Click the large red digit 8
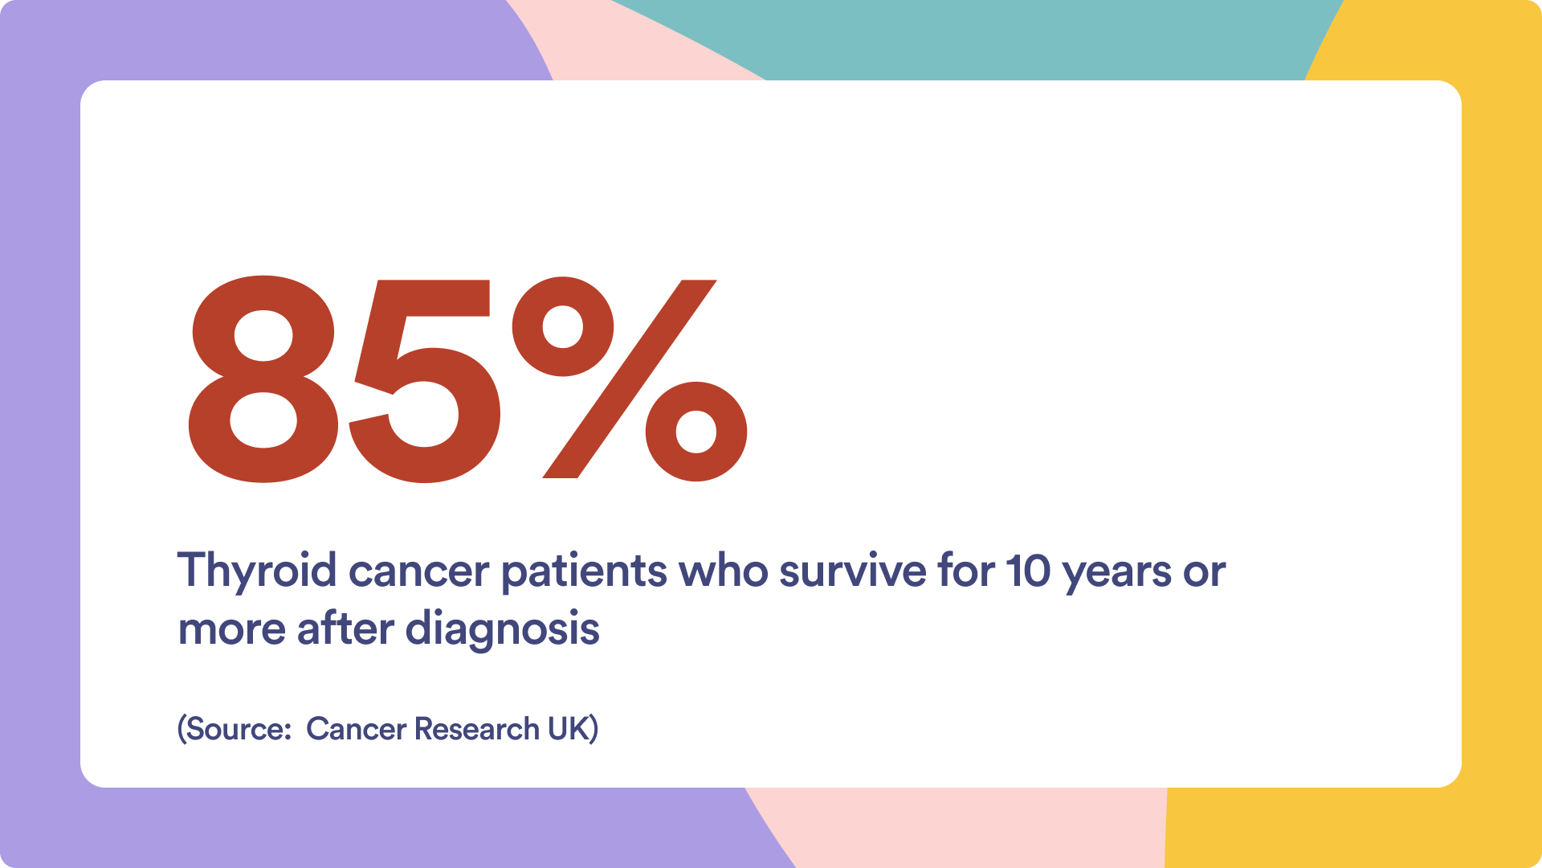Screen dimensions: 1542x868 click(263, 379)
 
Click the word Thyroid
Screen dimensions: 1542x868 click(257, 571)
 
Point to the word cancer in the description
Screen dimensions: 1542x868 click(418, 571)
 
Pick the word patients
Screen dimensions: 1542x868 click(584, 571)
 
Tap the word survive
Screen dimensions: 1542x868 click(853, 571)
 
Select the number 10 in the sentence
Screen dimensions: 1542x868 click(1028, 571)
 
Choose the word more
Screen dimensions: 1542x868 click(231, 630)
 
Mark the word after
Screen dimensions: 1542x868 click(345, 628)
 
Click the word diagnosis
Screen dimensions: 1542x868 click(503, 629)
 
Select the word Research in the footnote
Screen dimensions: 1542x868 click(477, 729)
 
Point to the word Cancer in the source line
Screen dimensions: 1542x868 click(357, 729)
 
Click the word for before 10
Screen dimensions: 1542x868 click(966, 571)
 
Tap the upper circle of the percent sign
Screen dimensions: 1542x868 click(563, 326)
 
